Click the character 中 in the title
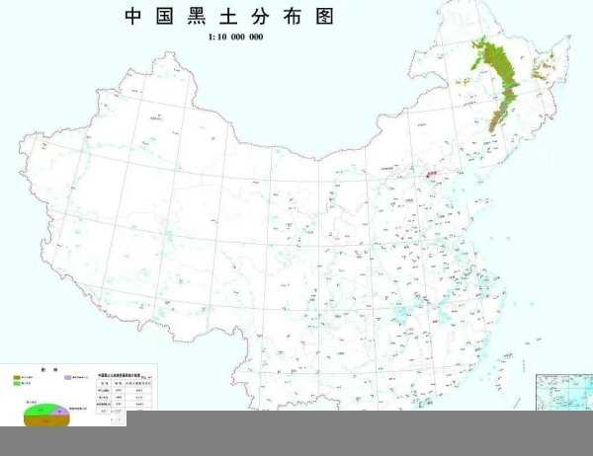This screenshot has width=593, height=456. click(x=134, y=17)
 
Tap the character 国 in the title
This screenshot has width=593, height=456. click(x=164, y=17)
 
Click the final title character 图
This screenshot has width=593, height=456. click(x=323, y=17)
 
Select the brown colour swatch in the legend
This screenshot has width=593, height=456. click(x=17, y=377)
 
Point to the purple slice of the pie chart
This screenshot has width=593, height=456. click(x=61, y=410)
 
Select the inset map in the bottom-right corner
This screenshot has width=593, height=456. click(x=563, y=392)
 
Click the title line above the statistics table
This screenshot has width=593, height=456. click(x=124, y=375)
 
